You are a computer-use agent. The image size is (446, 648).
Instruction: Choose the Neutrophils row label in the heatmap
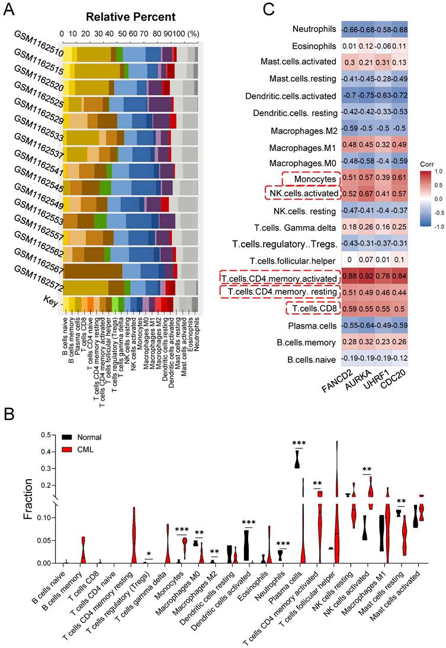point(315,29)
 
